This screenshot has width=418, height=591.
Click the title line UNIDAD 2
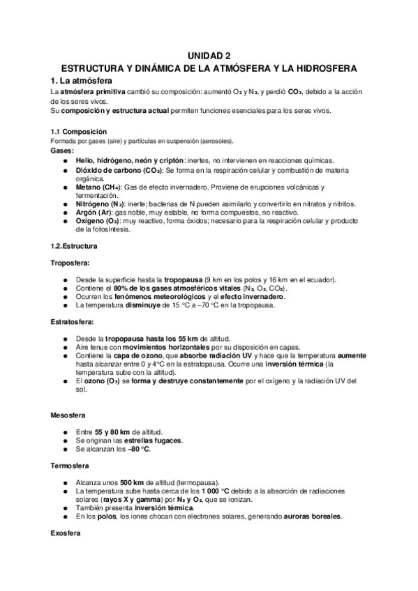click(x=209, y=56)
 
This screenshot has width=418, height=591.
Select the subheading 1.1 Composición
click(x=79, y=132)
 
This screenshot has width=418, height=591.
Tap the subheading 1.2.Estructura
click(x=75, y=246)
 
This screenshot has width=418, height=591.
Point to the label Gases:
click(x=63, y=151)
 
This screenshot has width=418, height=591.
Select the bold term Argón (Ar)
click(x=96, y=212)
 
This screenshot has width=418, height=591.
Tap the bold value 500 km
click(x=133, y=482)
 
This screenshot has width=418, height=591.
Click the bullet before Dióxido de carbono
click(x=66, y=171)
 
